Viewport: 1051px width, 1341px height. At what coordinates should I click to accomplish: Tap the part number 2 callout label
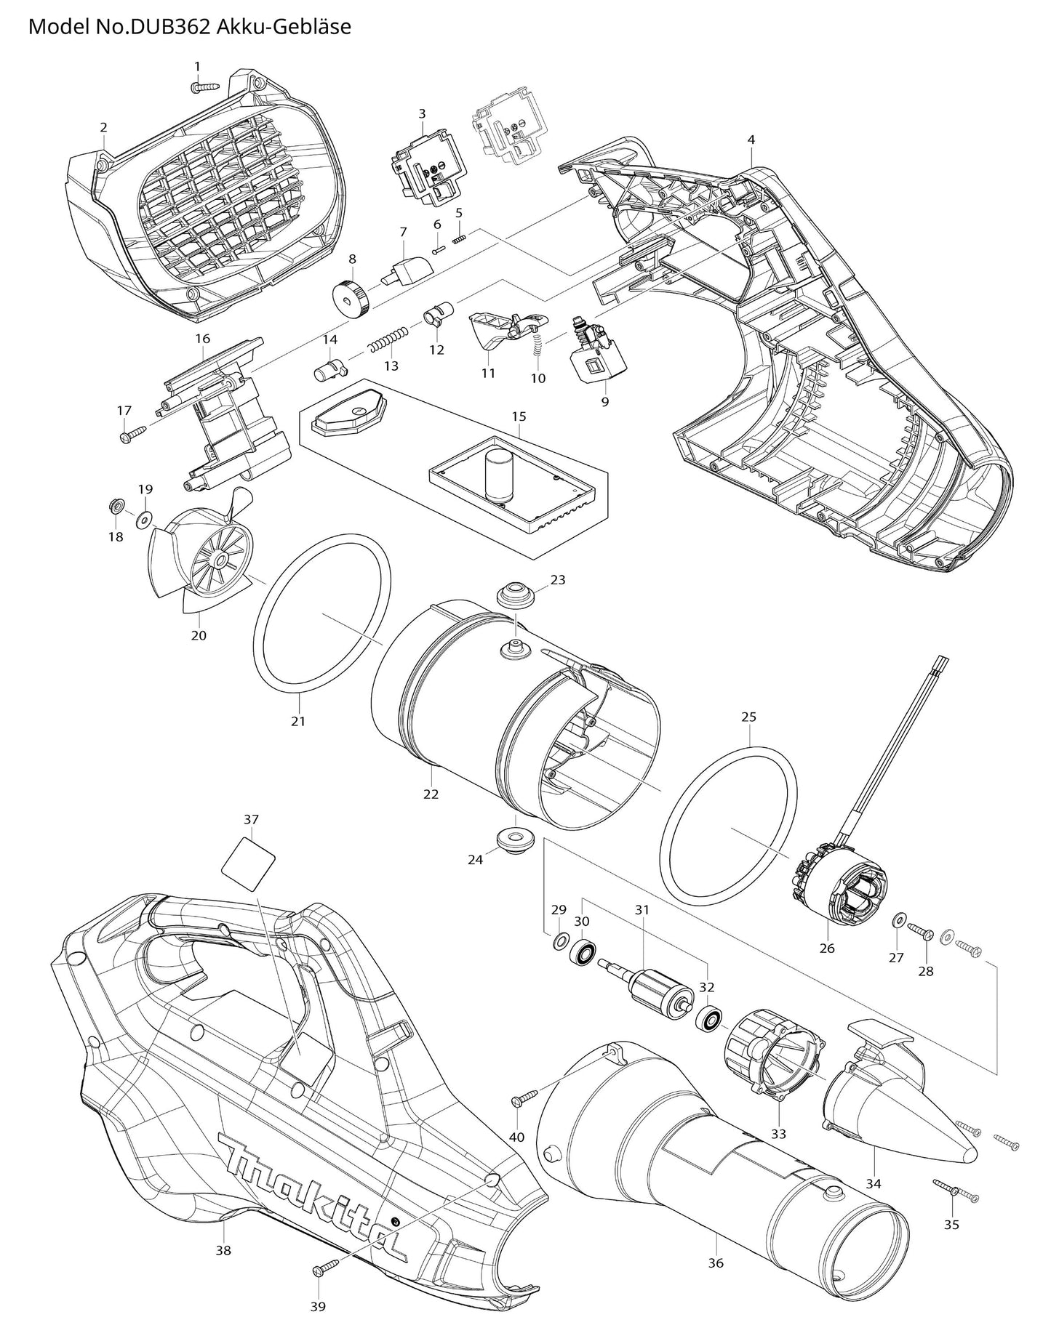(x=104, y=127)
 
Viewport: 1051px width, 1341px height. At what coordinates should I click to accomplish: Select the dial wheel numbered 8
(x=350, y=297)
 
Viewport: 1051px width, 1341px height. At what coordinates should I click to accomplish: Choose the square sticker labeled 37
(x=249, y=862)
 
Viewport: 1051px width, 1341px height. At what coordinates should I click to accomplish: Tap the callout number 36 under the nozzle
(x=716, y=1243)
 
